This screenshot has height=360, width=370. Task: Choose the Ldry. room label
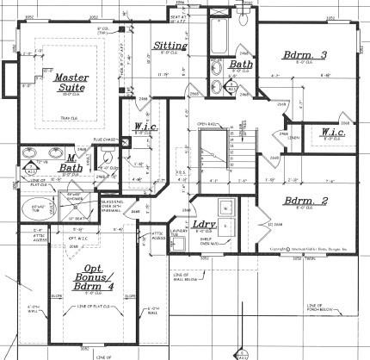(x=204, y=227)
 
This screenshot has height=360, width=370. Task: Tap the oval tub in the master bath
(x=39, y=208)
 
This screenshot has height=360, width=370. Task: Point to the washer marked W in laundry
(x=225, y=206)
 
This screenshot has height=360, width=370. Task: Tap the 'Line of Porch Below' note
(x=318, y=307)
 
